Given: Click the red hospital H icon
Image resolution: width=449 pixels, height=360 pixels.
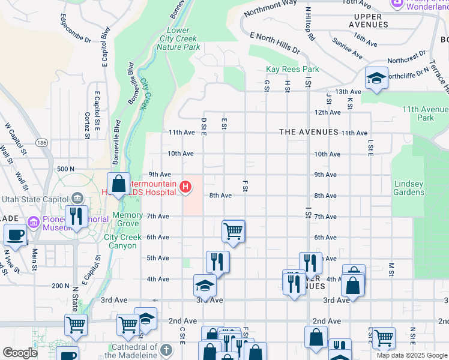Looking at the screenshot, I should [186, 188].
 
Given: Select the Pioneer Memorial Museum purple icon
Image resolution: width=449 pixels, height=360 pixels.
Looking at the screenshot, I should [33, 223].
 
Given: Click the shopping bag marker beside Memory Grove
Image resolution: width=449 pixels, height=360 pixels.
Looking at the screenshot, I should [119, 184].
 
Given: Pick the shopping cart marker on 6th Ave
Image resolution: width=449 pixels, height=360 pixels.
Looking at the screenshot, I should [233, 230].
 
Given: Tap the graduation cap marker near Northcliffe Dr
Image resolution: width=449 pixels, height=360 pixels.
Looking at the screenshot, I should [376, 79].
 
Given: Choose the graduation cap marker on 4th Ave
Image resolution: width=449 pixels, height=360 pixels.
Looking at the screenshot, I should [205, 285].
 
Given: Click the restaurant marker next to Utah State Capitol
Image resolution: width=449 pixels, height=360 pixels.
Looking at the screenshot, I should [76, 217].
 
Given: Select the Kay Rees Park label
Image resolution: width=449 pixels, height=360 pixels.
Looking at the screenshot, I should [292, 70].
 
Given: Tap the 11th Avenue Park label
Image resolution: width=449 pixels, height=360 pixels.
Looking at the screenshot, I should [425, 113].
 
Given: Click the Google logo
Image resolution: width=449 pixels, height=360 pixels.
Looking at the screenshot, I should [20, 353].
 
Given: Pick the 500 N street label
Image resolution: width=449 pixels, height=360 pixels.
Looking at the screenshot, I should [65, 170].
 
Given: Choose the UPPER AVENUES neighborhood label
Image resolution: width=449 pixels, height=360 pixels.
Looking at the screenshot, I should [371, 20].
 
